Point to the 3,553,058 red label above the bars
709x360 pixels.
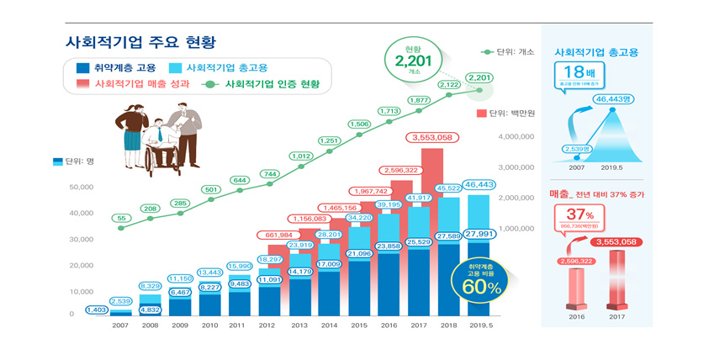434,137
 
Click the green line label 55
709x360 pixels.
122,218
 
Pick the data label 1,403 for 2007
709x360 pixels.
96,310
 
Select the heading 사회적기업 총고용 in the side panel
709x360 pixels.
595,52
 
